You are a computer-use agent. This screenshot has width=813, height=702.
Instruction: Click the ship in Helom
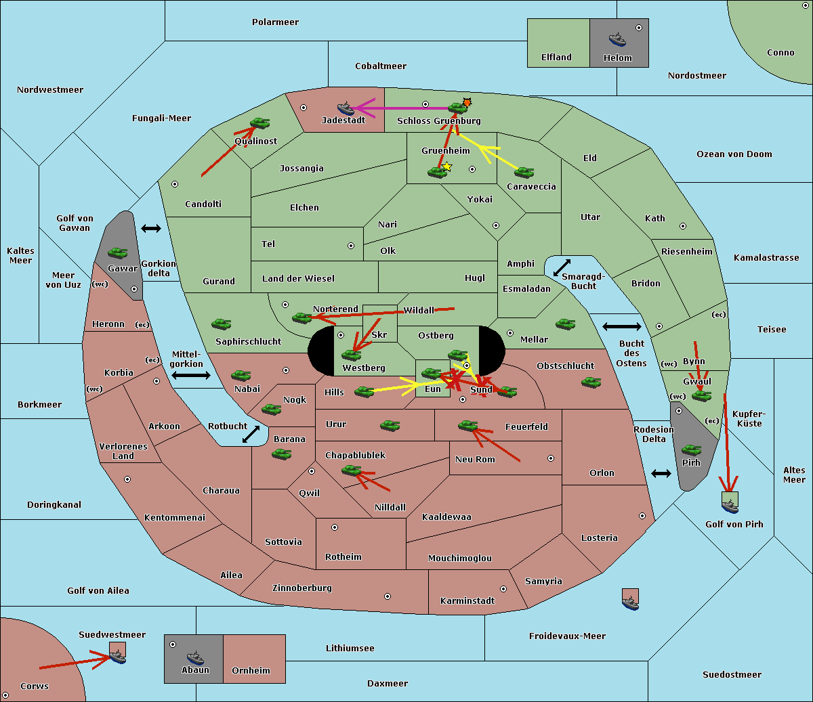tap(617, 39)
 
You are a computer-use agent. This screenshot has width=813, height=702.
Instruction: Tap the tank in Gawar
tap(118, 253)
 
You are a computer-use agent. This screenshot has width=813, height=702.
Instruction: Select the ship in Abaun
tap(195, 657)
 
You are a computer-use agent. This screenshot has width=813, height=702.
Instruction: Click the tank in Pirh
tap(691, 450)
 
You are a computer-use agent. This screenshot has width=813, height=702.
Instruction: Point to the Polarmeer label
tap(275, 22)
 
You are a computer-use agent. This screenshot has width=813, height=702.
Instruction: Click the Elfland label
tap(556, 58)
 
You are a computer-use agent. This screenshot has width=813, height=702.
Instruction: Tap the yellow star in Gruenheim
tap(447, 167)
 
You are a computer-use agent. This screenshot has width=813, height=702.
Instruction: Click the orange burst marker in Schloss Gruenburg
tap(467, 103)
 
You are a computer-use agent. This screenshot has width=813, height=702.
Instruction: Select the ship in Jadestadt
tap(346, 108)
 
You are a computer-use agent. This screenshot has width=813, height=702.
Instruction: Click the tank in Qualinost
tap(259, 123)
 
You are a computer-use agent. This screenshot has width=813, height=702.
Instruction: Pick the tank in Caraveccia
tap(524, 172)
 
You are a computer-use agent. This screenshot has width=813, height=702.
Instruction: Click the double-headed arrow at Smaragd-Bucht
tap(562, 267)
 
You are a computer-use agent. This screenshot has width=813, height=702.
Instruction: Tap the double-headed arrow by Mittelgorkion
tap(191, 375)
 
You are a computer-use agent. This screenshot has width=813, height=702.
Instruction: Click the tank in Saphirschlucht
tap(221, 324)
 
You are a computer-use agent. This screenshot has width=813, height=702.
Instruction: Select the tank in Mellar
tap(566, 324)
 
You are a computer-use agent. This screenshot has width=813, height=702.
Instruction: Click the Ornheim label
tap(251, 670)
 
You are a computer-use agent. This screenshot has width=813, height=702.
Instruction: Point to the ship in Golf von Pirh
tap(730, 506)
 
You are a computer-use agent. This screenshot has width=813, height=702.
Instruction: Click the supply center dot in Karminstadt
tap(503, 589)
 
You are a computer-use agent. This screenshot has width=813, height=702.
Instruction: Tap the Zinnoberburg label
tap(302, 588)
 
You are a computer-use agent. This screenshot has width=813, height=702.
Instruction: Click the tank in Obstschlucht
tap(591, 382)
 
